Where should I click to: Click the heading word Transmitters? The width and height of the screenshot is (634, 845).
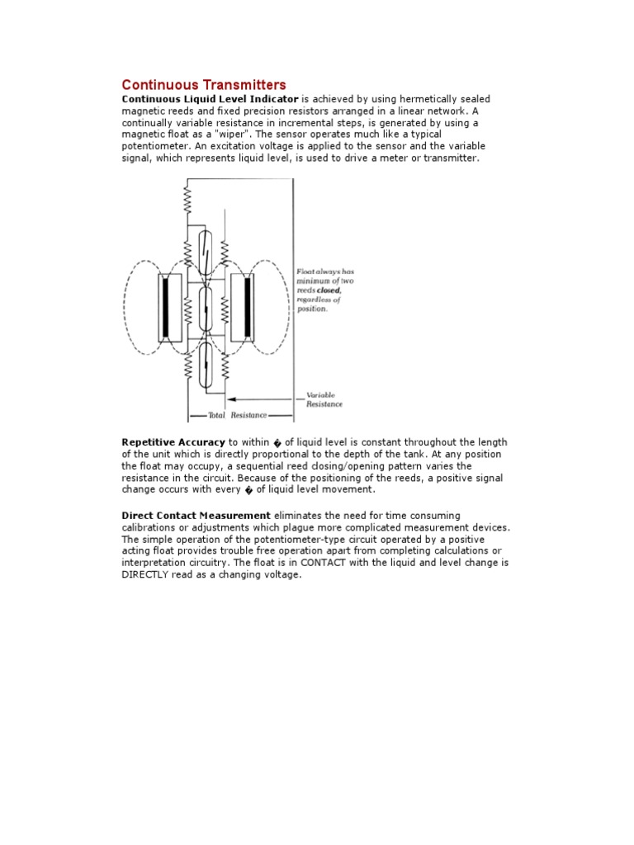[245, 85]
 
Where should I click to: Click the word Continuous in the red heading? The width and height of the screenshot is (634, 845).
[161, 85]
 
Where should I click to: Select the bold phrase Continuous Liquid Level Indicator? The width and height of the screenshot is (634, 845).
[210, 99]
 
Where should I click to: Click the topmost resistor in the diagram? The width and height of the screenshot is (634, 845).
[188, 199]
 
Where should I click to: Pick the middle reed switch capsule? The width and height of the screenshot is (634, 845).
[206, 307]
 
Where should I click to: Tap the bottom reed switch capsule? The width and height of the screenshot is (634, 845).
[206, 364]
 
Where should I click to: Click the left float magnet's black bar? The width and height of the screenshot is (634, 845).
[166, 308]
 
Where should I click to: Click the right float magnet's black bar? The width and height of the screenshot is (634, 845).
[247, 308]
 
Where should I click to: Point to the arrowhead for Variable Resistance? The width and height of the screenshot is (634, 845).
[229, 396]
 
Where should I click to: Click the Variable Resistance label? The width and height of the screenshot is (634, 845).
[324, 400]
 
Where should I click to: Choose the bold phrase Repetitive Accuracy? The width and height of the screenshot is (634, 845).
[173, 443]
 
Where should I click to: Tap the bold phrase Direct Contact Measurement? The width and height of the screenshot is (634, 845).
[196, 516]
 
